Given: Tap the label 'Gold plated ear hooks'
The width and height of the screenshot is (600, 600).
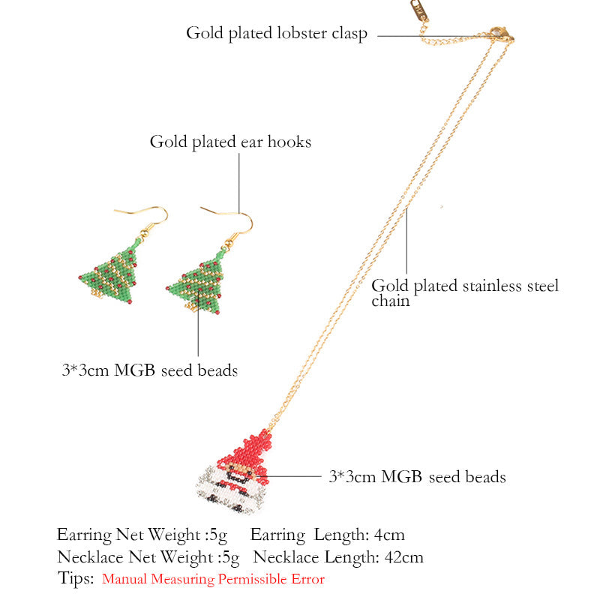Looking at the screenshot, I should tap(230, 142).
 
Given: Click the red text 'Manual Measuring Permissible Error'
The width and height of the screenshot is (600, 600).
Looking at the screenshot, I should tap(213, 579).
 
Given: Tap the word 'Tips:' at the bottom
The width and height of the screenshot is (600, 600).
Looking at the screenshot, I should tap(76, 578).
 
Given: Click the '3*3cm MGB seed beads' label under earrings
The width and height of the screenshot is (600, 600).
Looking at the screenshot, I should tap(150, 370).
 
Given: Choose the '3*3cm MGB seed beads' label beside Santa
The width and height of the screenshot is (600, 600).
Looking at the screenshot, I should tap(417, 476).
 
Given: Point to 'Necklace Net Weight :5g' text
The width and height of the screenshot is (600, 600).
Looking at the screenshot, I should tap(148, 557).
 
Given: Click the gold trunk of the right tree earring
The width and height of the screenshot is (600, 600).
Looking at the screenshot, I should tap(193, 307).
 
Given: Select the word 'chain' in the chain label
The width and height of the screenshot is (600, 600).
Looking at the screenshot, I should tap(391, 301).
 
